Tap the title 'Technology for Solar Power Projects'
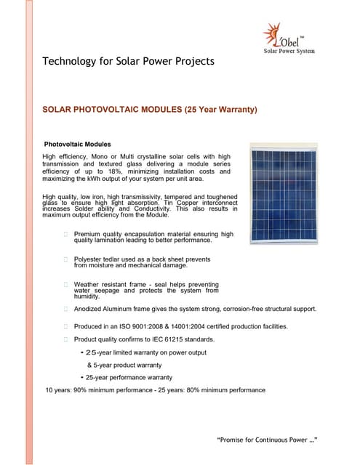129,61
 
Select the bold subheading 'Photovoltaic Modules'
78,144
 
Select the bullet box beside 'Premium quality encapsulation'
66,234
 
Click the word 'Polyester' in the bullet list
90,259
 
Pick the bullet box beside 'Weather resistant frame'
66,284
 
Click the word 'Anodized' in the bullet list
89,309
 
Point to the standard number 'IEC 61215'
167,339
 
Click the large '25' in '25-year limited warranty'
92,352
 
